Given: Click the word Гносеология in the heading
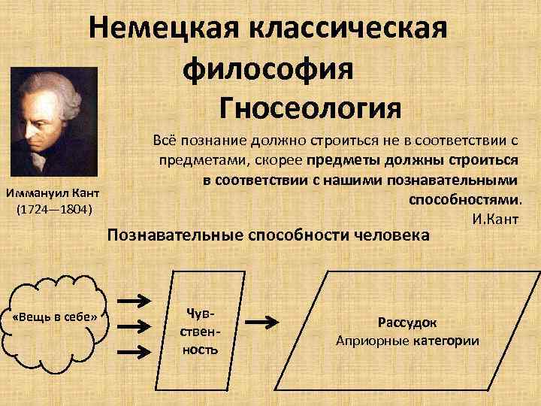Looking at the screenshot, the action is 311,108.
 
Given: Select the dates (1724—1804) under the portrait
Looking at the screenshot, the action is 53,208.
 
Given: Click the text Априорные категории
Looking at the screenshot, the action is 407,341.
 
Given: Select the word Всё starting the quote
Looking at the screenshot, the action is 163,141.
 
